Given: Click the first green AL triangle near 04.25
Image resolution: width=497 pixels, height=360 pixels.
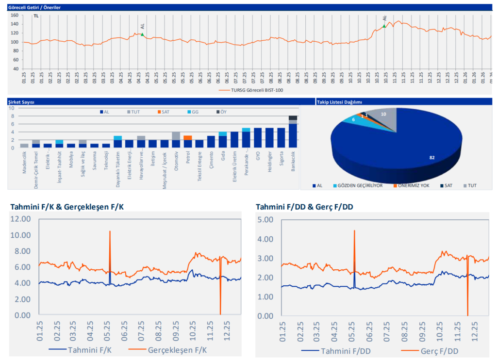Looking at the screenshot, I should coord(142,34).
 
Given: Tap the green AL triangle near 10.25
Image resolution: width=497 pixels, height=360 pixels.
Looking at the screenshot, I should coord(384,26).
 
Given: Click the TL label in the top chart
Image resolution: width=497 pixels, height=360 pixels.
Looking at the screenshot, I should coord(36,16).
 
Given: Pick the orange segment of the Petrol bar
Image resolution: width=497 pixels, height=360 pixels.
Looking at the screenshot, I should coord(187,138).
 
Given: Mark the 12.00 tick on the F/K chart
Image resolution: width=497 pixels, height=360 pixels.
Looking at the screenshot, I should coord(20,219).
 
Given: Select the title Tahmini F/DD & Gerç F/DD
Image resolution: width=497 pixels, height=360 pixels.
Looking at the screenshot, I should coord(304,207).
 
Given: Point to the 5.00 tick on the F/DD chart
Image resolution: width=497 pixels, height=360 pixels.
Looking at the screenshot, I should coord(266,220).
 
